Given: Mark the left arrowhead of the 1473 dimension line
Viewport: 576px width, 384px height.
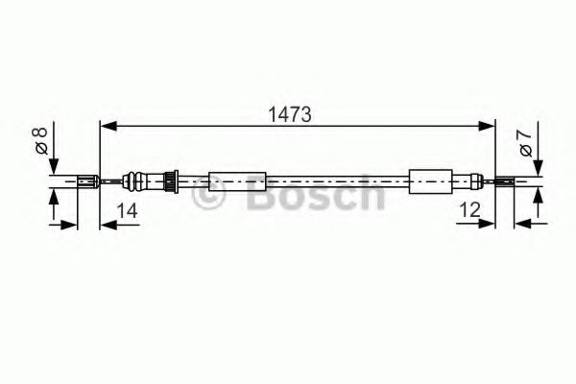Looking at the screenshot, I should tap(108, 125).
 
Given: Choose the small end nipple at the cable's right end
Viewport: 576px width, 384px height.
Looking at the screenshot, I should tap(504, 180).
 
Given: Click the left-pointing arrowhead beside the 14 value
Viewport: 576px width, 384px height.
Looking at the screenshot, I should tap(107, 226).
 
